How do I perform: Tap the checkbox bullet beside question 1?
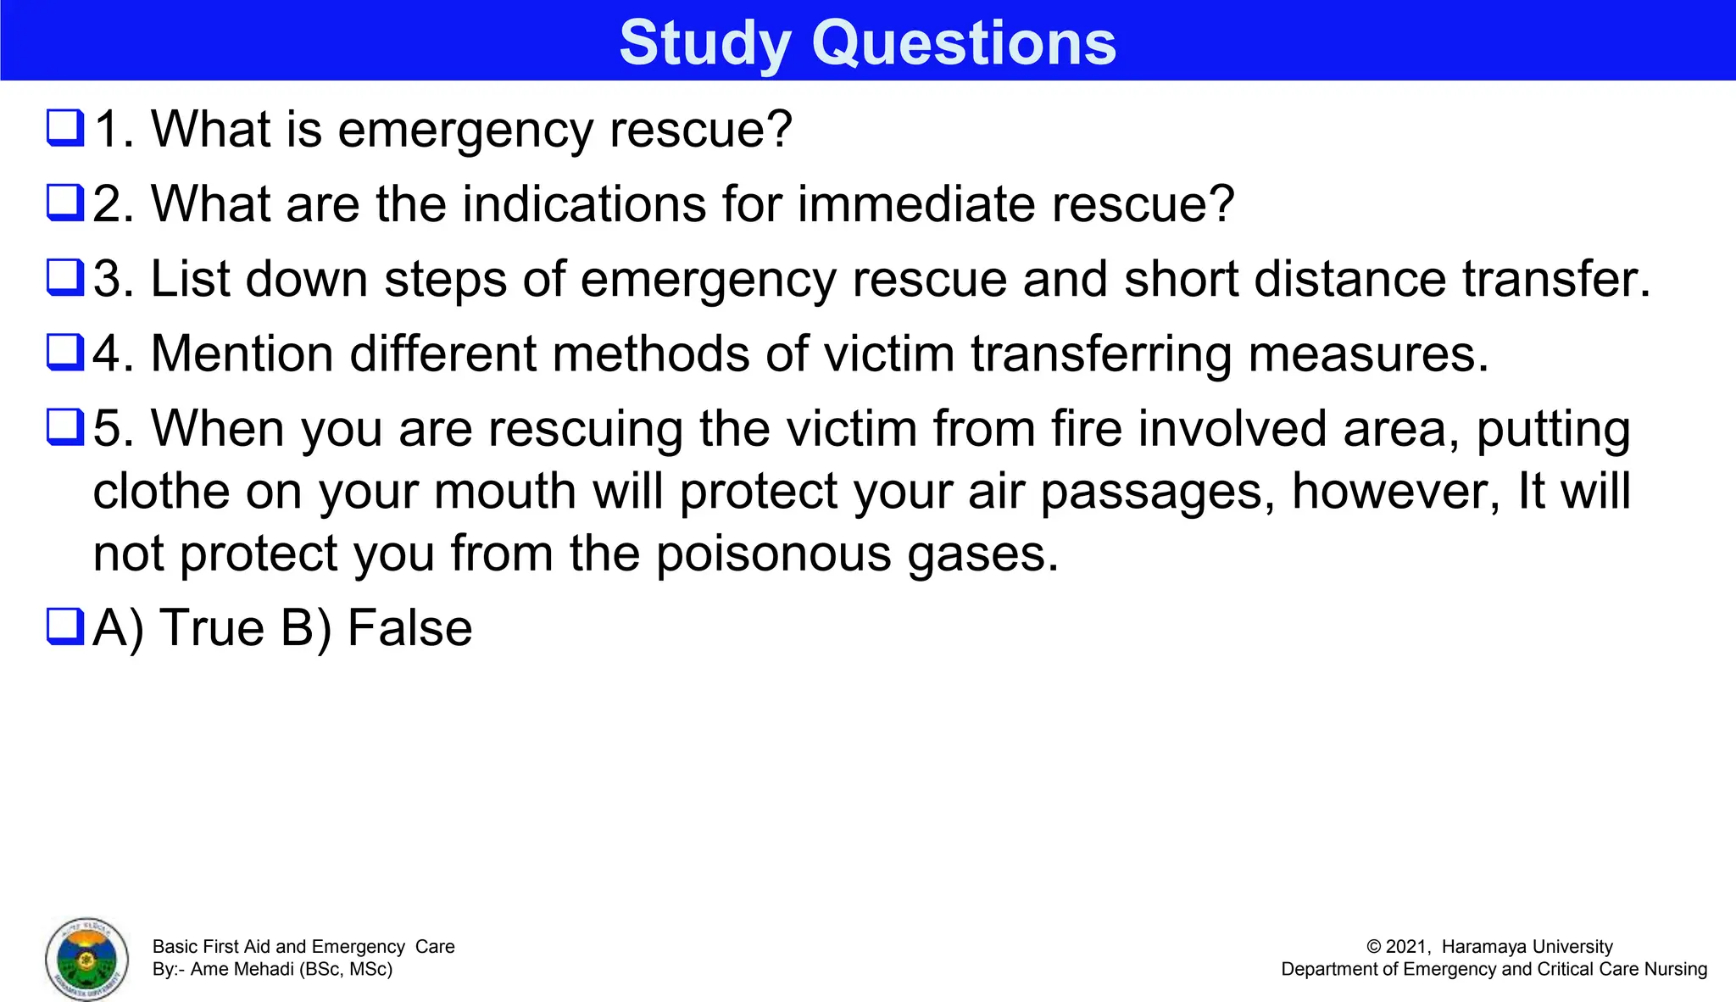(x=65, y=128)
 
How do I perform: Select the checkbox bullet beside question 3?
(x=65, y=278)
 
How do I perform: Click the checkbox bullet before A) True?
(x=65, y=627)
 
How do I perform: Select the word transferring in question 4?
(x=1101, y=353)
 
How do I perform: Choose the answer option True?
(x=212, y=628)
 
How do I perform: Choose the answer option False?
(x=409, y=628)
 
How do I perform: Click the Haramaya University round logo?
(x=87, y=959)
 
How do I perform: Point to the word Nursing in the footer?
(x=1675, y=969)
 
